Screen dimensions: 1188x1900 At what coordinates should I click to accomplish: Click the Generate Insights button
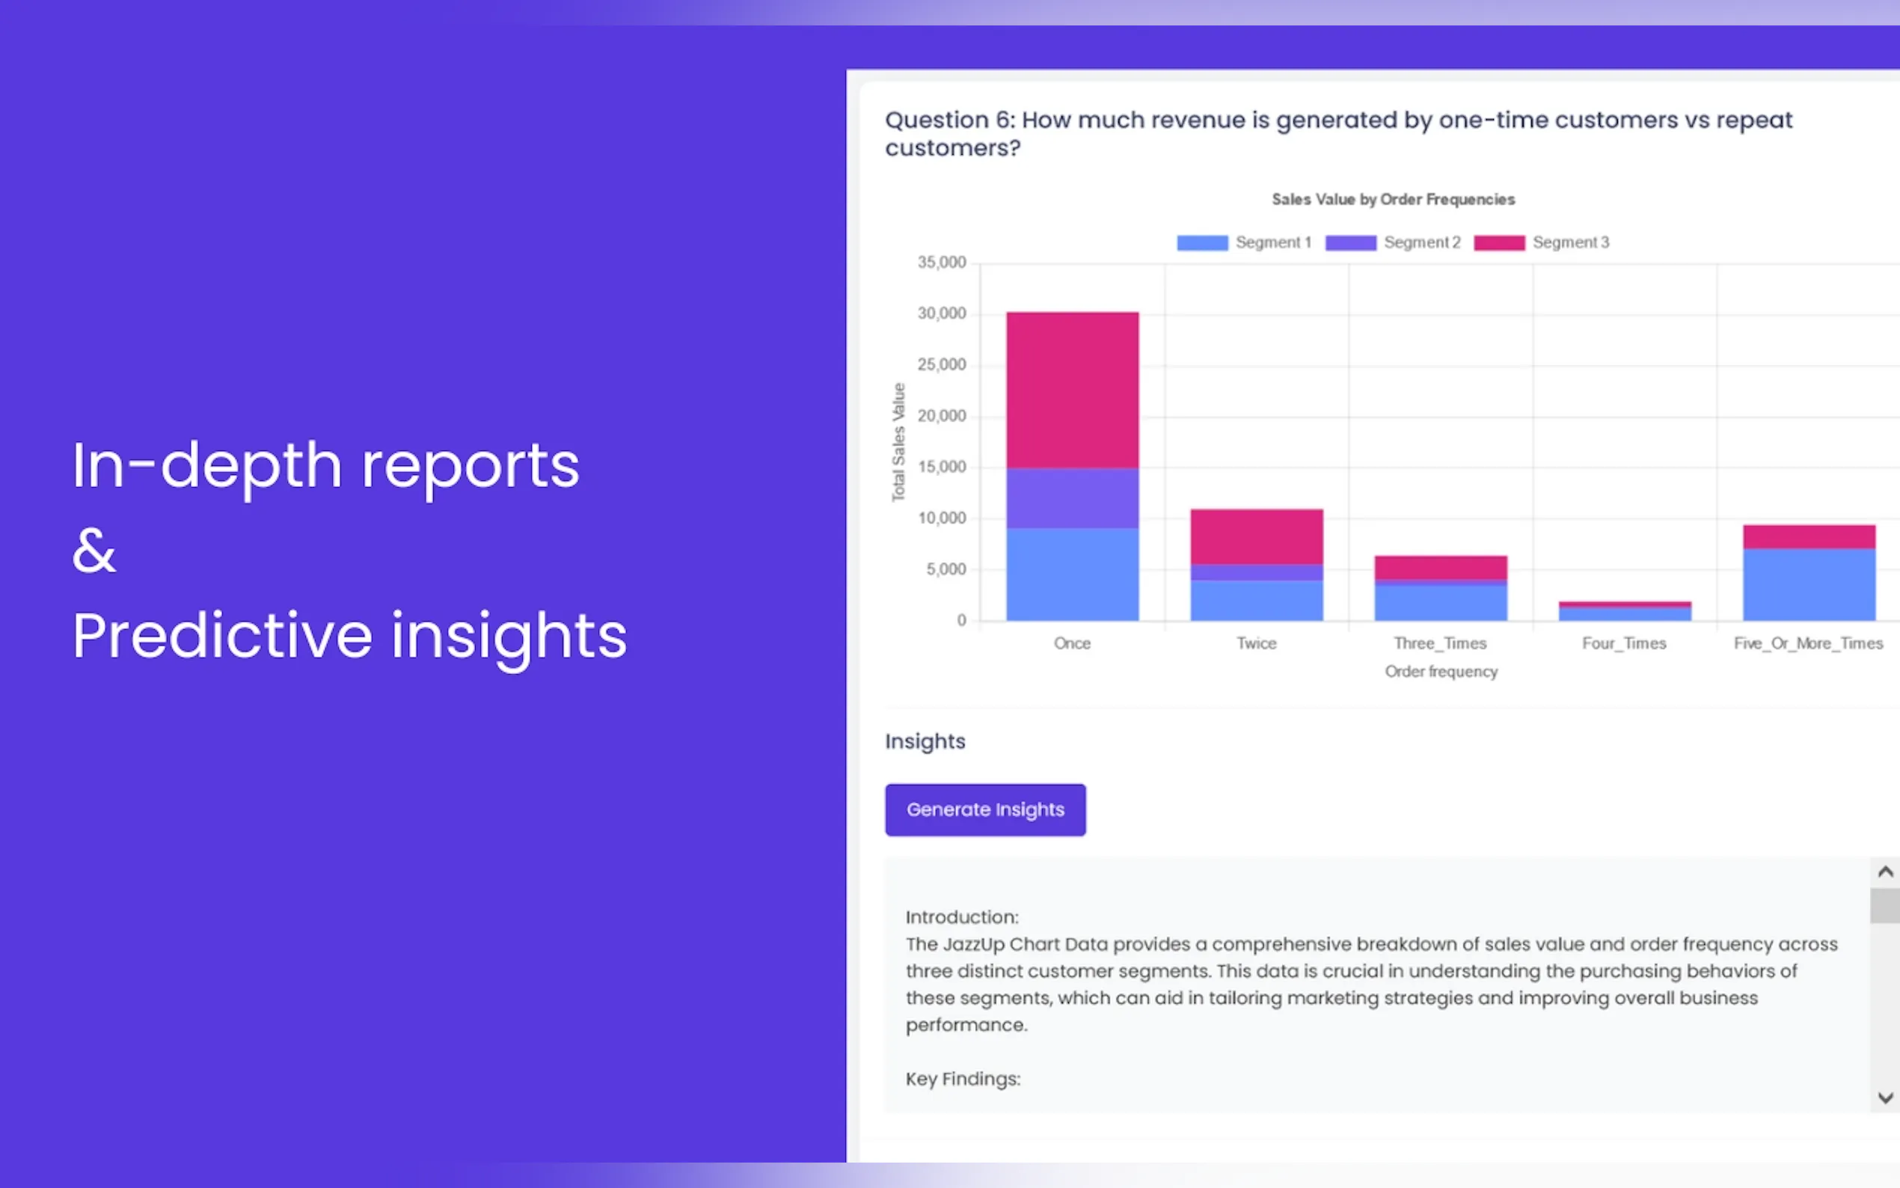click(x=985, y=809)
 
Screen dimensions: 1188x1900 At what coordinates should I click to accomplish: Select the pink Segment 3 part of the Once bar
click(x=1072, y=390)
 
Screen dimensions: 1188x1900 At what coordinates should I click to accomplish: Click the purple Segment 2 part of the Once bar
click(x=1072, y=498)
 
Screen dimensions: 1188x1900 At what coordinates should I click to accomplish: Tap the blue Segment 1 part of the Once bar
click(x=1072, y=574)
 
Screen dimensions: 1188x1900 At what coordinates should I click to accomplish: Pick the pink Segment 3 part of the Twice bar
click(x=1256, y=536)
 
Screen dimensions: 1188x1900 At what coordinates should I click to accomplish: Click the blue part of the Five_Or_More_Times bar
click(x=1808, y=584)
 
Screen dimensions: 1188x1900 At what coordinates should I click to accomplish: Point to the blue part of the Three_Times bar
click(x=1440, y=602)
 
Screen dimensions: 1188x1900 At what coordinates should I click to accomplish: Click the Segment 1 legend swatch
click(x=1202, y=243)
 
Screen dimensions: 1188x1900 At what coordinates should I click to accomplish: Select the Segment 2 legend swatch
click(x=1350, y=243)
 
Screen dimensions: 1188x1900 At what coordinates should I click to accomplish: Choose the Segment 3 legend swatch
click(x=1498, y=243)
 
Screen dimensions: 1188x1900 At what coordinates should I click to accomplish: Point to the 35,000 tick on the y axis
click(x=941, y=263)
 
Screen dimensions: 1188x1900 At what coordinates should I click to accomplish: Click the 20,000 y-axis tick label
click(x=941, y=416)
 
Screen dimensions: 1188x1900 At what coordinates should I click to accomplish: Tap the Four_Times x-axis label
click(x=1623, y=643)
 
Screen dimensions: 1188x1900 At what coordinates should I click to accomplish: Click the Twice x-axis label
click(x=1256, y=643)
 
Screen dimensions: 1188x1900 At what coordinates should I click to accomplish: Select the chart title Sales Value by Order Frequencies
click(x=1393, y=200)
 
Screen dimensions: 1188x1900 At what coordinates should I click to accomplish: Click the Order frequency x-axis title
click(x=1441, y=672)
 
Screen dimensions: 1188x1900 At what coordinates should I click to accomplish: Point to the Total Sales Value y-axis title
click(x=898, y=441)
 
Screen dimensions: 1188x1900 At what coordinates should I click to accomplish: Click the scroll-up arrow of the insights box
click(x=1884, y=872)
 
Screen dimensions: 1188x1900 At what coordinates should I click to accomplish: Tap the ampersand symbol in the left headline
click(x=94, y=550)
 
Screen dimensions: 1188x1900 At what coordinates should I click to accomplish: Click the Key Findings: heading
click(x=962, y=1079)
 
